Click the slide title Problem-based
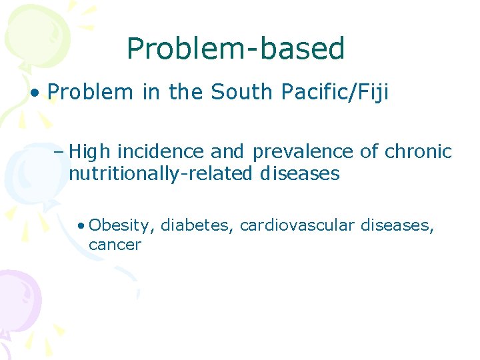(235, 49)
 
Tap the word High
(87, 153)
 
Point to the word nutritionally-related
(159, 174)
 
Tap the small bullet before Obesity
(80, 225)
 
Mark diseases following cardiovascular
(397, 226)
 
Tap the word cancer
(115, 245)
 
